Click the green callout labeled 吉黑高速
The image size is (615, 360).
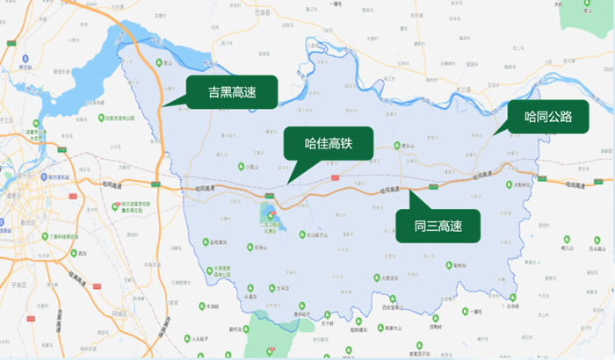point(231,92)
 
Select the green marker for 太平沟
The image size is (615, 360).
point(251,286)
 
